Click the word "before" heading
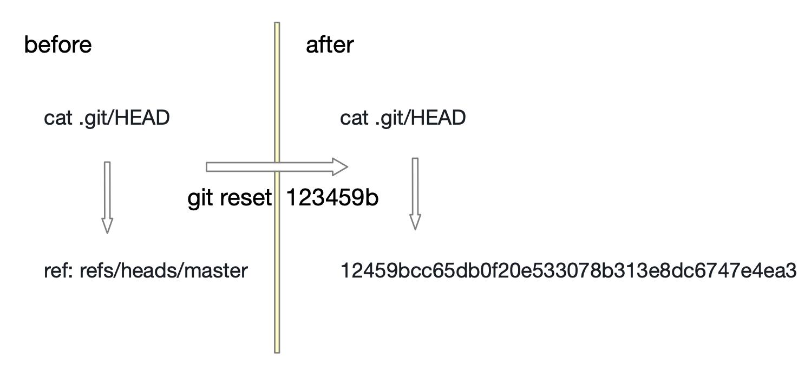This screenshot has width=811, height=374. pyautogui.click(x=58, y=44)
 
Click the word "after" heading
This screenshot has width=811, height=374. pyautogui.click(x=329, y=44)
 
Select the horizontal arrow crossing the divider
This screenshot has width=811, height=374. pyautogui.click(x=244, y=167)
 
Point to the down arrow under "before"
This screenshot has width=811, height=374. pyautogui.click(x=107, y=195)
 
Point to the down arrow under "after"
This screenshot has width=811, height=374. pyautogui.click(x=415, y=192)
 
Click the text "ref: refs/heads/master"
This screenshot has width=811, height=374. pyautogui.click(x=145, y=270)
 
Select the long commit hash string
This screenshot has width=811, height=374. pyautogui.click(x=568, y=270)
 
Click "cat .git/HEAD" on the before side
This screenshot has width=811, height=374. pyautogui.click(x=107, y=118)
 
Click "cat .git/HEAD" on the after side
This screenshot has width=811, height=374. pyautogui.click(x=403, y=118)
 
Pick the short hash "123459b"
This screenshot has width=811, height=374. pyautogui.click(x=332, y=198)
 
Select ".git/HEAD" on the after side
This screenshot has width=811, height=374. pyautogui.click(x=420, y=118)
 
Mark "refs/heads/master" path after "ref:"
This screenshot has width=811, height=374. pyautogui.click(x=163, y=270)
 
